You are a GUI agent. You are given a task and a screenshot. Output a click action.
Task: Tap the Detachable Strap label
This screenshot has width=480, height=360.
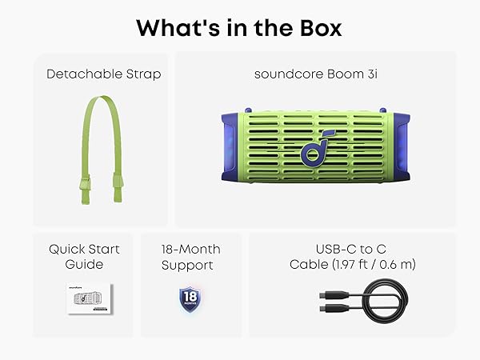[103, 74]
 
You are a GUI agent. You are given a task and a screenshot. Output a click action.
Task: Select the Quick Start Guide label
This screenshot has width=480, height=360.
[83, 256]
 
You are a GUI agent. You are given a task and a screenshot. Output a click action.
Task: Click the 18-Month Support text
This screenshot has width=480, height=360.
[190, 256]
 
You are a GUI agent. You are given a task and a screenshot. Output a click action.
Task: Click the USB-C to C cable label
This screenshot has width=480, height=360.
[353, 256]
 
